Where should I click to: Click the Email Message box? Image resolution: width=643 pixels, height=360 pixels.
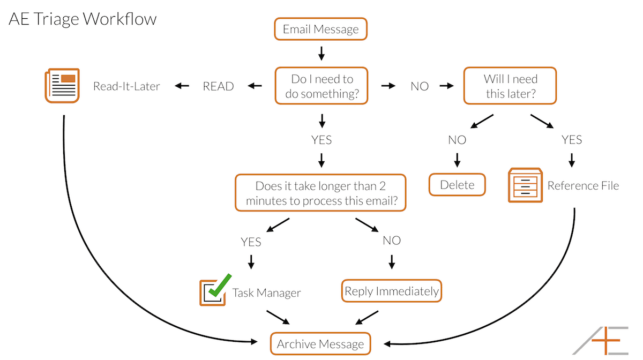tap(320, 29)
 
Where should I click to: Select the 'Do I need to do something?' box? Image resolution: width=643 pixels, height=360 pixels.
tap(322, 86)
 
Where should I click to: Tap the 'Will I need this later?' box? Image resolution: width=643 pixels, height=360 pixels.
tap(510, 86)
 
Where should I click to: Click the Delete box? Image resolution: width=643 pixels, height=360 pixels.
tap(457, 185)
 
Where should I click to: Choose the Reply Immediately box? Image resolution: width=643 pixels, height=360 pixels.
tap(392, 291)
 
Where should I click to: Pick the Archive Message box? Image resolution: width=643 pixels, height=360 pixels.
tap(320, 343)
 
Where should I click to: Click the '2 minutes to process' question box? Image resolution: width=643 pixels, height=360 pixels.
tap(320, 193)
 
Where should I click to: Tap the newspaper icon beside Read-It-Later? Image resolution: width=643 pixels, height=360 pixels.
tap(62, 86)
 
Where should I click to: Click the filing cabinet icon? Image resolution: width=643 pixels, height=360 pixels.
tap(525, 185)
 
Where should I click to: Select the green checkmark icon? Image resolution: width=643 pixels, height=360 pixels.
tap(220, 285)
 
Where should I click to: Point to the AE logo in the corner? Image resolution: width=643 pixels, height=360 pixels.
tap(601, 341)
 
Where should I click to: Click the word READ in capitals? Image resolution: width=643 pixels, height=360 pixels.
tap(219, 86)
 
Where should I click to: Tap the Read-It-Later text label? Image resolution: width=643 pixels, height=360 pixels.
tap(126, 86)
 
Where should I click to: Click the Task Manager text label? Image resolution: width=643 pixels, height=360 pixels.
tap(266, 293)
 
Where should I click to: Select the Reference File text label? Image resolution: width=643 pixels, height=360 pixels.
tap(583, 185)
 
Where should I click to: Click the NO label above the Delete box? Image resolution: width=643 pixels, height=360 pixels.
tap(457, 140)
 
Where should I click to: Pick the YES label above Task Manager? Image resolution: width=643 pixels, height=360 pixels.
tap(251, 242)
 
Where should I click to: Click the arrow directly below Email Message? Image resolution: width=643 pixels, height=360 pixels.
tap(322, 54)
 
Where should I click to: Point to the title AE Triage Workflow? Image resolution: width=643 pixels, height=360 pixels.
tap(83, 19)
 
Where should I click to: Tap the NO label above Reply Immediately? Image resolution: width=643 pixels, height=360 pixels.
tap(392, 241)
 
